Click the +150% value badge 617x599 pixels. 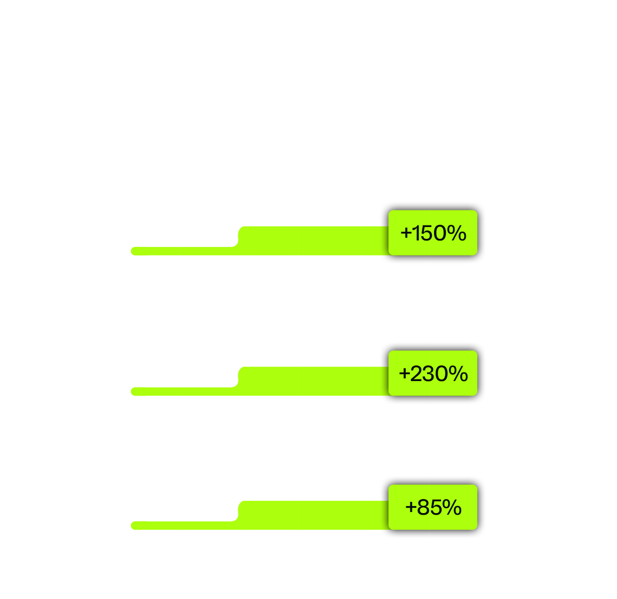click(x=433, y=233)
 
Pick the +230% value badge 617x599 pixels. click(x=433, y=374)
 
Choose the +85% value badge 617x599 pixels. click(x=433, y=507)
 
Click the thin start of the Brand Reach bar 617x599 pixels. click(x=182, y=251)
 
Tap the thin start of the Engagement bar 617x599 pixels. click(x=182, y=391)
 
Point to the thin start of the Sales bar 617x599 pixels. click(x=182, y=525)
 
